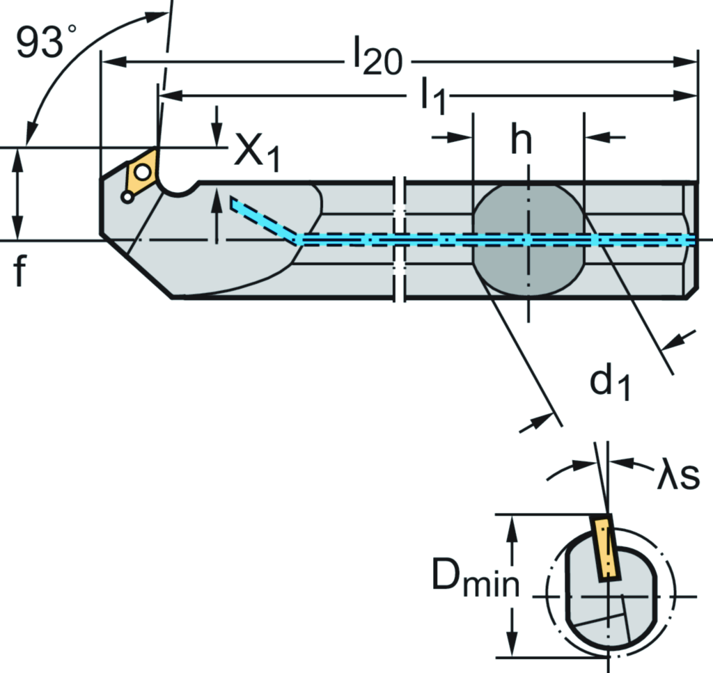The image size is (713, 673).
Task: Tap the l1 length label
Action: click(431, 97)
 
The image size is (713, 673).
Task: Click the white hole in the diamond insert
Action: click(143, 171)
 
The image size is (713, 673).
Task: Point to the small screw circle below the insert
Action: click(127, 198)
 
